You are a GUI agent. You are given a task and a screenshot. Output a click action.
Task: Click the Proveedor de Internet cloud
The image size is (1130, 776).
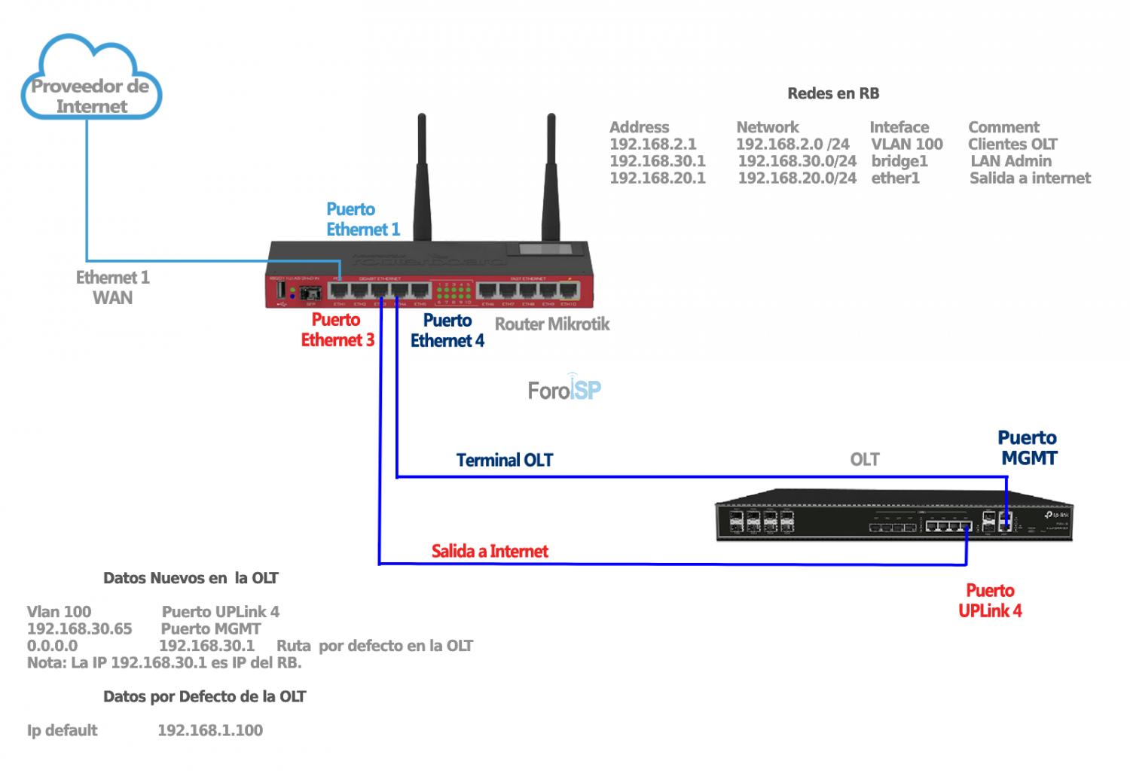91,83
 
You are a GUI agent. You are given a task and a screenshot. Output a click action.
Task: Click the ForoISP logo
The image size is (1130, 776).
564,388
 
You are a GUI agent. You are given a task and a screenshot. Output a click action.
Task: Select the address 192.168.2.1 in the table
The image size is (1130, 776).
652,144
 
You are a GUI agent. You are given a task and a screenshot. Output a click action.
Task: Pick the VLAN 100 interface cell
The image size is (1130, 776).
906,144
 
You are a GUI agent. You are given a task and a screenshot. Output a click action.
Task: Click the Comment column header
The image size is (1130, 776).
1003,127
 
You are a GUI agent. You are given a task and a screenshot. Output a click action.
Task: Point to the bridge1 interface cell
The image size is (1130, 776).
899,161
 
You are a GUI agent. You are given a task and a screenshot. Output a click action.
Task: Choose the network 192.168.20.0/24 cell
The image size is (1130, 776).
797,178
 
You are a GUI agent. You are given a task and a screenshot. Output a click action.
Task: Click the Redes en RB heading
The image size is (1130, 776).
833,93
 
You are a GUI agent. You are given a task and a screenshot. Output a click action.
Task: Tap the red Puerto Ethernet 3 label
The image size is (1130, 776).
337,330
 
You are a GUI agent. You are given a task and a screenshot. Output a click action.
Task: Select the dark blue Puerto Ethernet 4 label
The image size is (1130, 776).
447,330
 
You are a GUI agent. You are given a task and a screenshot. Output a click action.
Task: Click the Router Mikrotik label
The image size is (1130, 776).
552,324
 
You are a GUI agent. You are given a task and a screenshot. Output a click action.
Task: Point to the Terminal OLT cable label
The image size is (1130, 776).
504,460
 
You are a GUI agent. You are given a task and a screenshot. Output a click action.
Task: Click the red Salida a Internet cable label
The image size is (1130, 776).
490,551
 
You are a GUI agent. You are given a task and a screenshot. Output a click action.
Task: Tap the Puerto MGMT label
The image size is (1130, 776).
1028,448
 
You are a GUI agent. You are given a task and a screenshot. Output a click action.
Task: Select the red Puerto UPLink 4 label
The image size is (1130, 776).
990,601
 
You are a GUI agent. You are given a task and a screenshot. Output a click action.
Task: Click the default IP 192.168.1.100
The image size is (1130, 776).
210,730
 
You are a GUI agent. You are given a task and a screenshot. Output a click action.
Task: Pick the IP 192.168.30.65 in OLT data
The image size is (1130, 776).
79,628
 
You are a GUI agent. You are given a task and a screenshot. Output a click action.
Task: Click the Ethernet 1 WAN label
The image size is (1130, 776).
113,288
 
